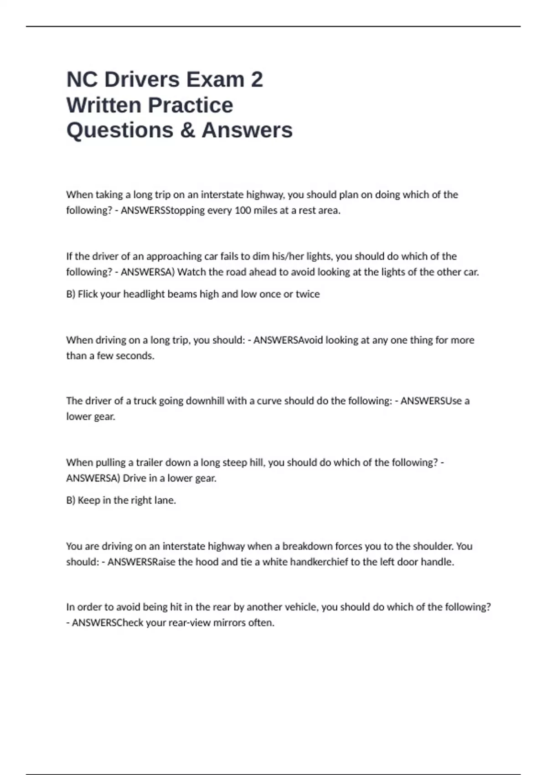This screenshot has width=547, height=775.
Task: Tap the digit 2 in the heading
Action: (x=257, y=79)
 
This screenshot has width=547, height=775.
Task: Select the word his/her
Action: (x=288, y=256)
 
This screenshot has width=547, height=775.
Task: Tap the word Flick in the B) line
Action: (x=88, y=294)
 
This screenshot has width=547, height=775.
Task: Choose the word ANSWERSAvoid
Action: (x=282, y=340)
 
